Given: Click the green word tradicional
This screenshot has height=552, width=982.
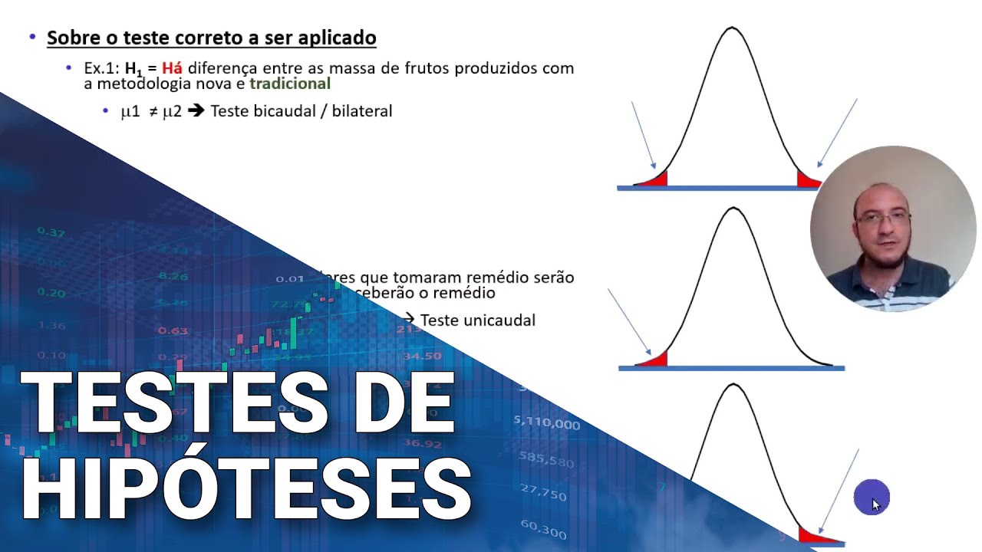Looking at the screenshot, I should coord(290,84).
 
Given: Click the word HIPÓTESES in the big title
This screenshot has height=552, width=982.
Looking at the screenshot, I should coord(245,488).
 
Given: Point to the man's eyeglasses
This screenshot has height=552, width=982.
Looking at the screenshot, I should coord(882,219).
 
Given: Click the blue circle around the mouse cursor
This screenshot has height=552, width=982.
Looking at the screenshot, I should coord(872,497).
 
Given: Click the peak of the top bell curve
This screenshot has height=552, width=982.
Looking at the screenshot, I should coord(732,29).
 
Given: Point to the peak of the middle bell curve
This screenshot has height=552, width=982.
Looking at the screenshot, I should coord(733,209).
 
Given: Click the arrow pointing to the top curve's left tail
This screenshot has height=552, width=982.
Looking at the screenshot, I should coord(643,134).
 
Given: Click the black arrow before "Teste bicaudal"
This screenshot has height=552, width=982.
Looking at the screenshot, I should coord(196,111).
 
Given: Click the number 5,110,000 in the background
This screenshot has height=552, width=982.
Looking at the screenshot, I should coord(547,422).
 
